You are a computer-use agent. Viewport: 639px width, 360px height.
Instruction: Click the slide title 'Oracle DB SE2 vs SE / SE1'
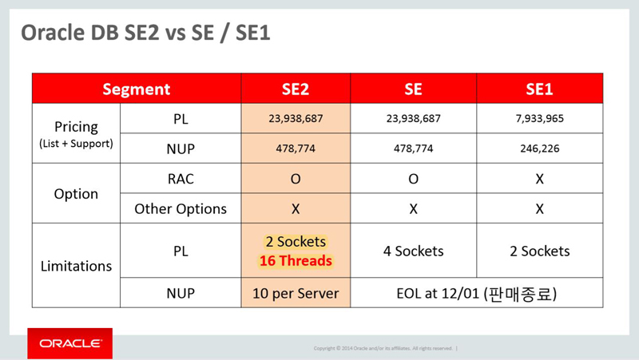point(145,33)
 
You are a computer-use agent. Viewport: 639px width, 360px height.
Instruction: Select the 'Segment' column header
point(137,89)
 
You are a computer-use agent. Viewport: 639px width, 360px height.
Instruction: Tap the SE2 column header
point(296,89)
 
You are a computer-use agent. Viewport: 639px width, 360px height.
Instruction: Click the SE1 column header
point(539,89)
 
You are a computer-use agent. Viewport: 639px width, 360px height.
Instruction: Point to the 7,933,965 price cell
point(540,118)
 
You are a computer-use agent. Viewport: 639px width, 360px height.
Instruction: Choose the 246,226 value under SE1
point(540,148)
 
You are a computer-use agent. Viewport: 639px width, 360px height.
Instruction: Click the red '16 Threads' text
point(296,261)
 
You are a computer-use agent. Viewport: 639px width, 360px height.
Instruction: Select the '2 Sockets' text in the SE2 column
point(296,242)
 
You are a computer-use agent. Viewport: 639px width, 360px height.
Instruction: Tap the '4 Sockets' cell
point(413,251)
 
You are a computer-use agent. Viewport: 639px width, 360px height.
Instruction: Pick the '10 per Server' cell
point(296,293)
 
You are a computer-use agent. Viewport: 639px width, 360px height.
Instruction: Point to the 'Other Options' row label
point(181,208)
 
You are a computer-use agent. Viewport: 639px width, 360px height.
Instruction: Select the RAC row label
point(181,178)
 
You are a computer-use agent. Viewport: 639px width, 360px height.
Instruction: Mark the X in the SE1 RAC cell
point(540,179)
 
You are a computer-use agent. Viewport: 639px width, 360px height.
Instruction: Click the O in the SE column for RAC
point(413,179)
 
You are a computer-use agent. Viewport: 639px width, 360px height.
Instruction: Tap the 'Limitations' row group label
point(76,266)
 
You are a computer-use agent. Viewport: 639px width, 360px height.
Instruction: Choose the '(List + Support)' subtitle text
point(76,144)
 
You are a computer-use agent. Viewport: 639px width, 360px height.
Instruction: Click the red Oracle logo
point(70,343)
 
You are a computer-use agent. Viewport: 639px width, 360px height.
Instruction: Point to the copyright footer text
point(386,348)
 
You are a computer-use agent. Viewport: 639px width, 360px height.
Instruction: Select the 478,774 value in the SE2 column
point(296,148)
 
